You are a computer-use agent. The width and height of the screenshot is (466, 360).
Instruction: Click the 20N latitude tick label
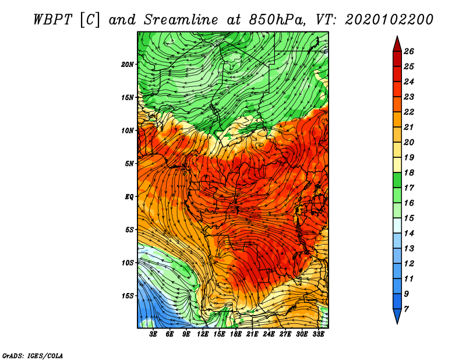click(x=128, y=65)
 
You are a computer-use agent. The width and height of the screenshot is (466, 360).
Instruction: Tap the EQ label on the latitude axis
click(x=129, y=197)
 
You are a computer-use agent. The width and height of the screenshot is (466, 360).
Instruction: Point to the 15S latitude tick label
click(x=128, y=296)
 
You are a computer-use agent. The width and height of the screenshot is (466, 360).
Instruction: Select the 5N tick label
click(x=129, y=164)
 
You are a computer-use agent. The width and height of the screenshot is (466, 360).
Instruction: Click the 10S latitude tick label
click(x=128, y=263)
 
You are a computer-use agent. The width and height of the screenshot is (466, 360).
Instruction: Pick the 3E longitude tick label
click(x=153, y=334)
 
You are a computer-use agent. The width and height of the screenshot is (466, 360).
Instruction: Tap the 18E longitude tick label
click(x=236, y=334)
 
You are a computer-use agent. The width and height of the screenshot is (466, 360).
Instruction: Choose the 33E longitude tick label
click(x=318, y=334)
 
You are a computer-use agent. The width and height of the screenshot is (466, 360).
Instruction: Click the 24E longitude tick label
click(x=269, y=334)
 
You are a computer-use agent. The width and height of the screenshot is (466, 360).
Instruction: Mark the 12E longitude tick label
click(x=203, y=334)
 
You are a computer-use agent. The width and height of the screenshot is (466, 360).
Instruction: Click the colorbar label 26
click(x=409, y=52)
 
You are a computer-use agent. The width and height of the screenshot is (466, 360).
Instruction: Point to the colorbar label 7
click(x=406, y=309)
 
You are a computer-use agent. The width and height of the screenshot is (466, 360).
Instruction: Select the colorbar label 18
click(x=409, y=173)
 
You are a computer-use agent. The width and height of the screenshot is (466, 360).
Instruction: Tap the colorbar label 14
click(x=409, y=234)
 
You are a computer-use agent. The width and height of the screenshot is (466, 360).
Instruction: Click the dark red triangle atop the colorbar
click(x=397, y=45)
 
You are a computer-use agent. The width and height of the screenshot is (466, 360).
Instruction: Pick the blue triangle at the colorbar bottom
click(x=397, y=316)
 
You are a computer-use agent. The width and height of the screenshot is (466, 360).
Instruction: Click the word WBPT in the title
click(x=53, y=20)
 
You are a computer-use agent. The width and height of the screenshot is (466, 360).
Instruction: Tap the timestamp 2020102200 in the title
click(x=389, y=20)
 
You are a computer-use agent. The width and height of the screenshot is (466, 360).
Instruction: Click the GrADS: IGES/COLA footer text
click(x=33, y=356)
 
